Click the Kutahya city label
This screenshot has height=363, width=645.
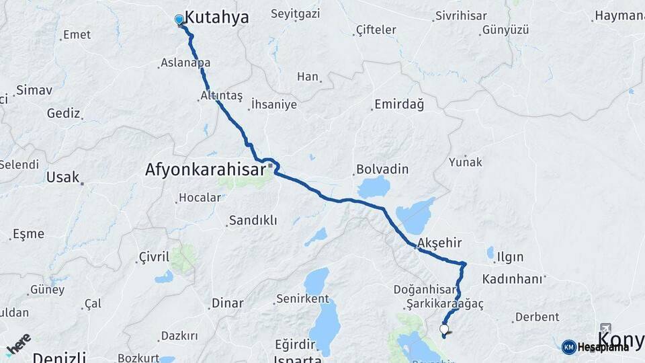point(216,18)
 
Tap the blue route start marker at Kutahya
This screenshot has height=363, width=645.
point(179,20)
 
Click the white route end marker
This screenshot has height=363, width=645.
point(444,329)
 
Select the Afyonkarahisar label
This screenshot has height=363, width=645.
point(206,170)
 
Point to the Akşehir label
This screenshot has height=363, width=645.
point(436,243)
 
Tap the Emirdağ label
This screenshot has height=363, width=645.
point(399,104)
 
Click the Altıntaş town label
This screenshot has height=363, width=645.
point(221,95)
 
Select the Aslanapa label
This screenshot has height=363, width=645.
point(185,63)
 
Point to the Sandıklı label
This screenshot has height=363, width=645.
point(253,220)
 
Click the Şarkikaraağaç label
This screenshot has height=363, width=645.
point(445,304)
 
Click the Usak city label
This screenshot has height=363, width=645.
point(63,177)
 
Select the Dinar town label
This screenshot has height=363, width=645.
point(227,302)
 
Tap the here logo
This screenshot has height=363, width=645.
point(18,344)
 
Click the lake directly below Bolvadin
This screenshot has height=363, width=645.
point(374,188)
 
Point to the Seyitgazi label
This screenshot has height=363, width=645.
point(296,13)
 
